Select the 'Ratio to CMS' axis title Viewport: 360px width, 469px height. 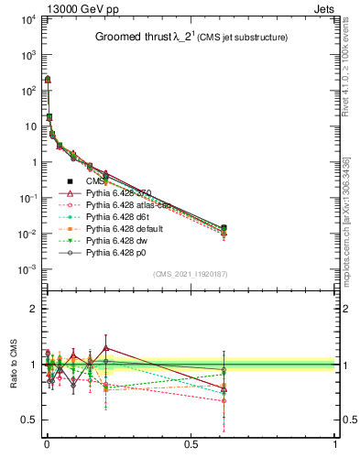pos(14,365)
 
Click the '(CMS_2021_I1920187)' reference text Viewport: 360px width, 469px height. pos(191,274)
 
